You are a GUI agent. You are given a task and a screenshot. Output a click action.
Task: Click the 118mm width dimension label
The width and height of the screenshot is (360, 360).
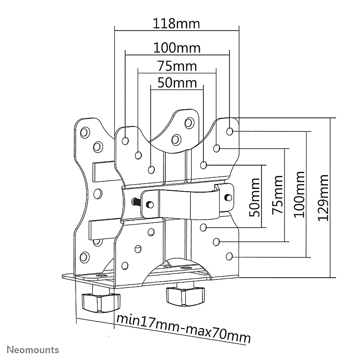point(176,24)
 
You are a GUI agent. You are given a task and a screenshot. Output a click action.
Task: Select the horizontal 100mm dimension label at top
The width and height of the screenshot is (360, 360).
point(177,48)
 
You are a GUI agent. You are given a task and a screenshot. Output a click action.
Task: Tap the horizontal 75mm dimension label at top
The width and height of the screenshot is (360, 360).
point(177,66)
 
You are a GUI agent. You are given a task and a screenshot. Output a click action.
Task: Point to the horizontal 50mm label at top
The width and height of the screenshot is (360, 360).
point(177,83)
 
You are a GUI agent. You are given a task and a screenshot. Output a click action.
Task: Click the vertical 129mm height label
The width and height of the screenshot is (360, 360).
point(323,198)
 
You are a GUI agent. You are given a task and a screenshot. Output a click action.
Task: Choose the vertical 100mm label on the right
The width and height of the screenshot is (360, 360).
point(299,194)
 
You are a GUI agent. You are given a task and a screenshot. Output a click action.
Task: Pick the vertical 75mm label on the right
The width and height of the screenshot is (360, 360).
point(277,195)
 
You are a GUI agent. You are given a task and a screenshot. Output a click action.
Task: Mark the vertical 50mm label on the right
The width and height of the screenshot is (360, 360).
point(255,198)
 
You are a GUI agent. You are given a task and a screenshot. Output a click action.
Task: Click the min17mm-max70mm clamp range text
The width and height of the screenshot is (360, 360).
point(184,328)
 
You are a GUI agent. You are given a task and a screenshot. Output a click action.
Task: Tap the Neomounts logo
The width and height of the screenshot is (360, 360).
point(33,350)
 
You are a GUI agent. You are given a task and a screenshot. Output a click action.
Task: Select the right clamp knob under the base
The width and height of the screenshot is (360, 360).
point(185,296)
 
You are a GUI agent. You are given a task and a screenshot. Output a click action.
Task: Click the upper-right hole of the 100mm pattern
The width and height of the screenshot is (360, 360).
point(229,131)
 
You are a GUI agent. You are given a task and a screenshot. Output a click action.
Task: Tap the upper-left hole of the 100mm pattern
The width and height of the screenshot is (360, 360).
point(126,140)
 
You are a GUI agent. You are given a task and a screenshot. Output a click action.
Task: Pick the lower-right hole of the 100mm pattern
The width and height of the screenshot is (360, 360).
point(229,256)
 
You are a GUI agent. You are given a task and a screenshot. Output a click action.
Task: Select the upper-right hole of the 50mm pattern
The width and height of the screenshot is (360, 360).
point(203,165)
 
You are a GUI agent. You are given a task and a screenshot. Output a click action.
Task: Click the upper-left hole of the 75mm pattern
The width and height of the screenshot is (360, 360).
point(138,155)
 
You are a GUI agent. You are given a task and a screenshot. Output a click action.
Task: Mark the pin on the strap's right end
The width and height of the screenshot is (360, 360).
point(228,197)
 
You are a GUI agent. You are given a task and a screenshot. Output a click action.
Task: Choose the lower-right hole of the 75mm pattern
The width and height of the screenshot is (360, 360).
point(216,242)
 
